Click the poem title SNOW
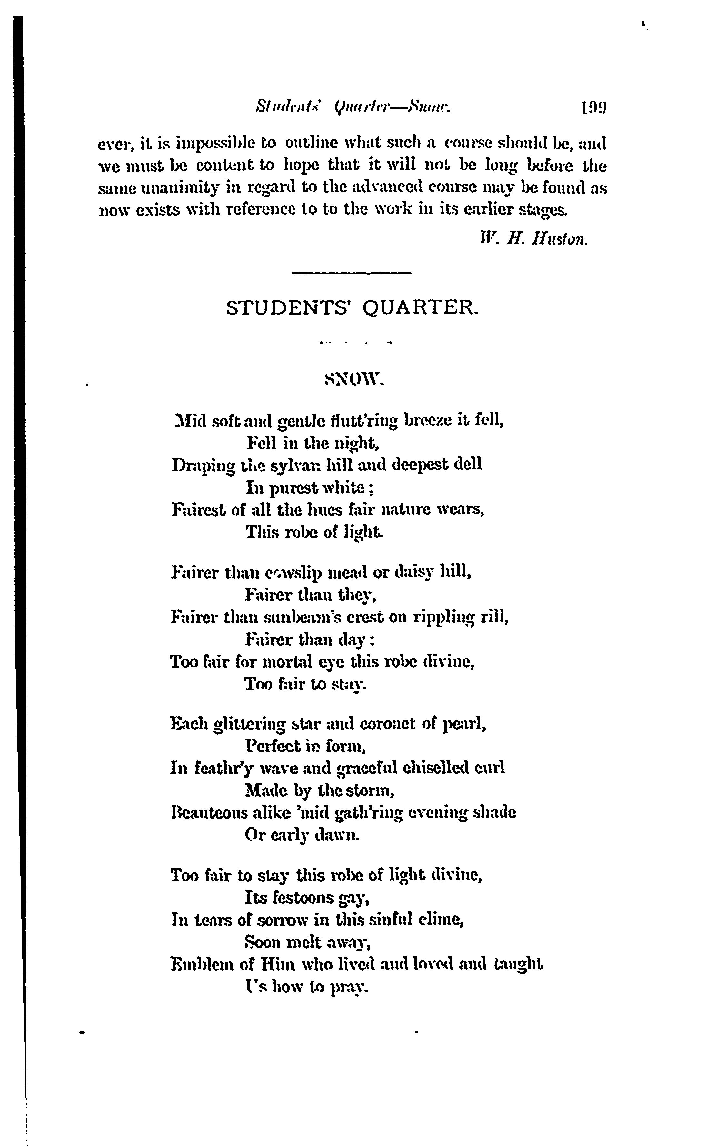[x=354, y=379]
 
